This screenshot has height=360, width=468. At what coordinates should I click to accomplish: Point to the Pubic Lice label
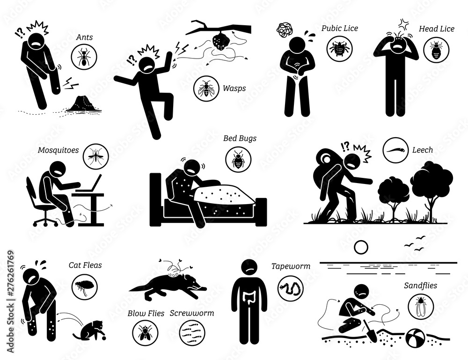point(340,29)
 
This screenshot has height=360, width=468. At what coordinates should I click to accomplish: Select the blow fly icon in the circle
point(145,335)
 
